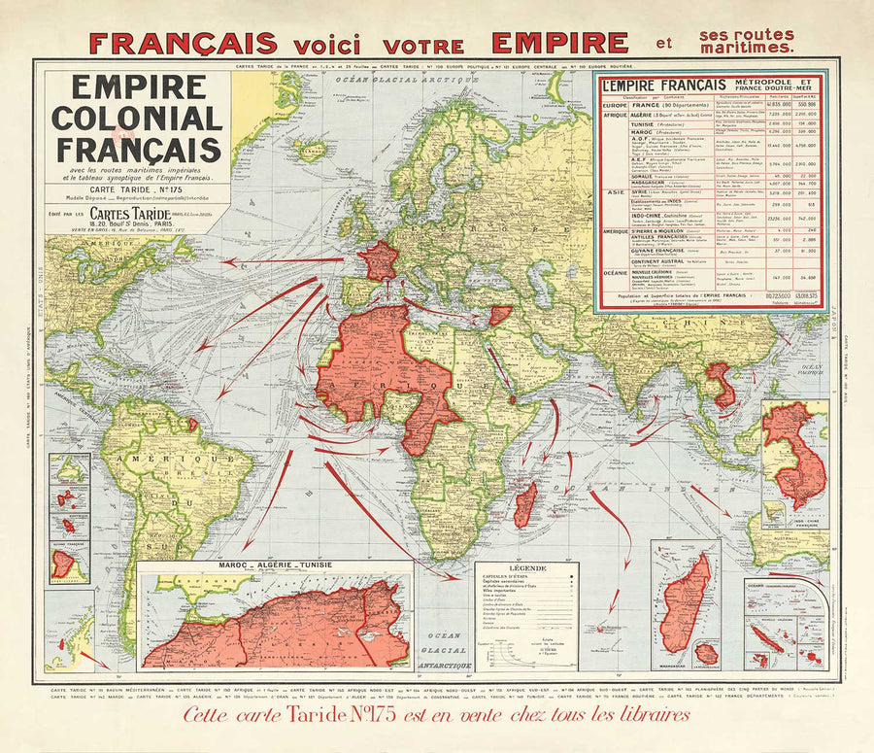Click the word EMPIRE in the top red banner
coord(559,43)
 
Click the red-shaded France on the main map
coord(379,261)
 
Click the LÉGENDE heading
coord(525,567)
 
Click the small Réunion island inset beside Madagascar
coord(706,653)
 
